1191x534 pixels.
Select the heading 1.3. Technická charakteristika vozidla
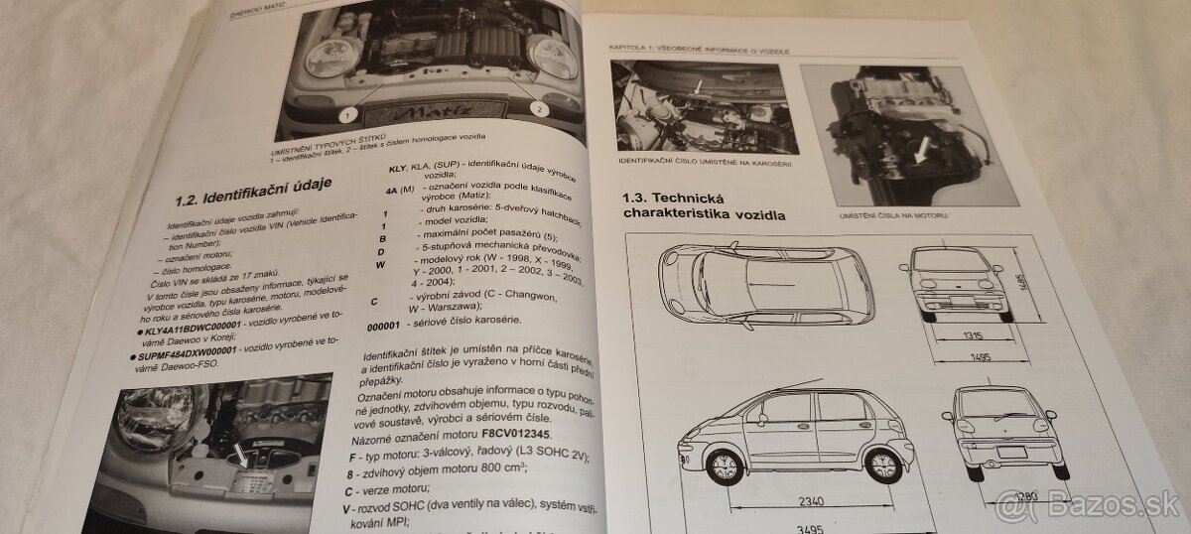(x=704, y=204)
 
